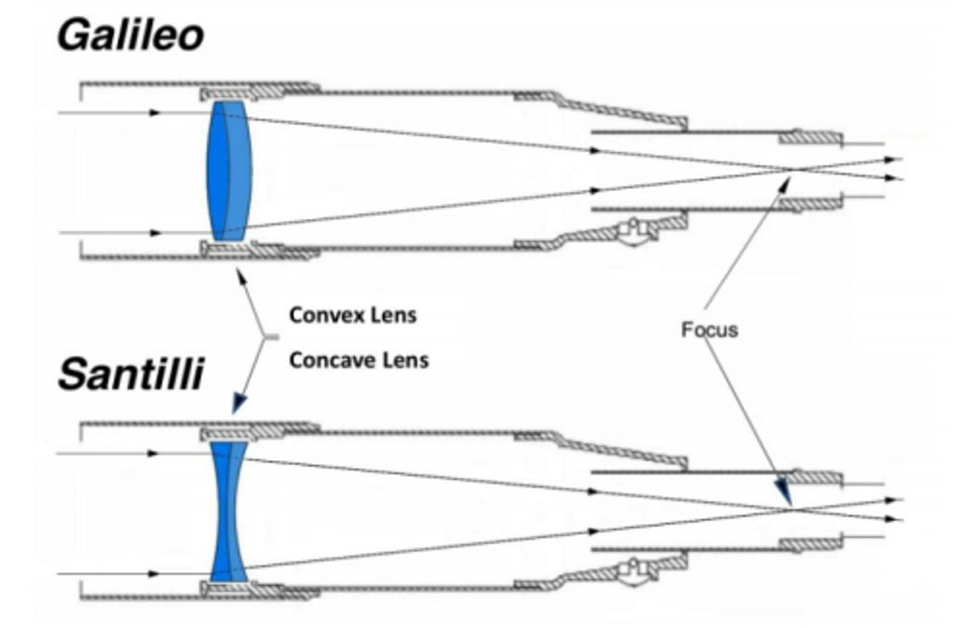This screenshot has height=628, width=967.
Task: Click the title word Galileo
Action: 130,35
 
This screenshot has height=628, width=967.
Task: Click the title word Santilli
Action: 129,375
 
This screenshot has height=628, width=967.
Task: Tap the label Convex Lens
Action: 352,315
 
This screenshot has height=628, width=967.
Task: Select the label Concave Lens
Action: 359,360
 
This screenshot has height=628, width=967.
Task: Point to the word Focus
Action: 709,330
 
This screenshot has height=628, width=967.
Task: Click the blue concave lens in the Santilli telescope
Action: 228,512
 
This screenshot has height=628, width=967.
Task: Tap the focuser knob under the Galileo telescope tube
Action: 637,232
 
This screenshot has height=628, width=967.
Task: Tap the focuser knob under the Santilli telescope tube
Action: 637,570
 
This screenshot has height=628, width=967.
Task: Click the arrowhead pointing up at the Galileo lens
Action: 239,276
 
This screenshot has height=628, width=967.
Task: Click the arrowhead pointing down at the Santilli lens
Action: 238,403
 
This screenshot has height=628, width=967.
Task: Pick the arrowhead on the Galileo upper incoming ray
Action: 155,112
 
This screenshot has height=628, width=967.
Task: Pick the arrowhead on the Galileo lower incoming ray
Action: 155,232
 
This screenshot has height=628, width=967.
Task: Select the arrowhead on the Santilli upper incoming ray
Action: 155,453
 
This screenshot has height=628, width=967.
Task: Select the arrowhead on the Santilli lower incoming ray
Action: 155,573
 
